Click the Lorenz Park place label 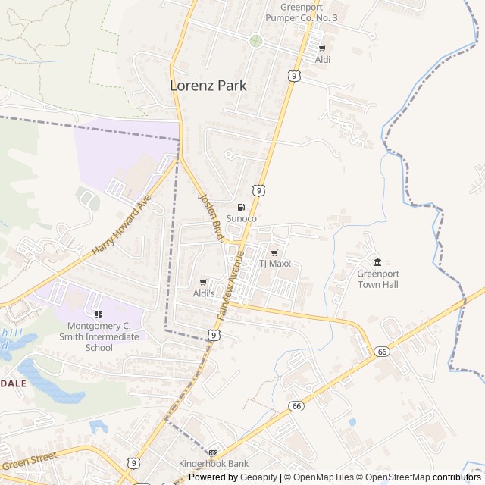point(208,86)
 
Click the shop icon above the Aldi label point(322,48)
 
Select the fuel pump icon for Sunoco point(242,208)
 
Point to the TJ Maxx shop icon point(274,253)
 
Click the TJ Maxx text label point(276,264)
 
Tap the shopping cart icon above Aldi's point(203,282)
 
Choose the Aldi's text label point(204,293)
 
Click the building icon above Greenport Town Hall point(377,262)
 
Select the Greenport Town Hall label point(377,279)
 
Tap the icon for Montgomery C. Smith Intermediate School point(98,314)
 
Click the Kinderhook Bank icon point(213,452)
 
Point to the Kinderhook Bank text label point(213,464)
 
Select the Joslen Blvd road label point(211,217)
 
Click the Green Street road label point(31,462)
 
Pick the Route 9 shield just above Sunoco point(259,189)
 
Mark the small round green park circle point(255,40)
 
